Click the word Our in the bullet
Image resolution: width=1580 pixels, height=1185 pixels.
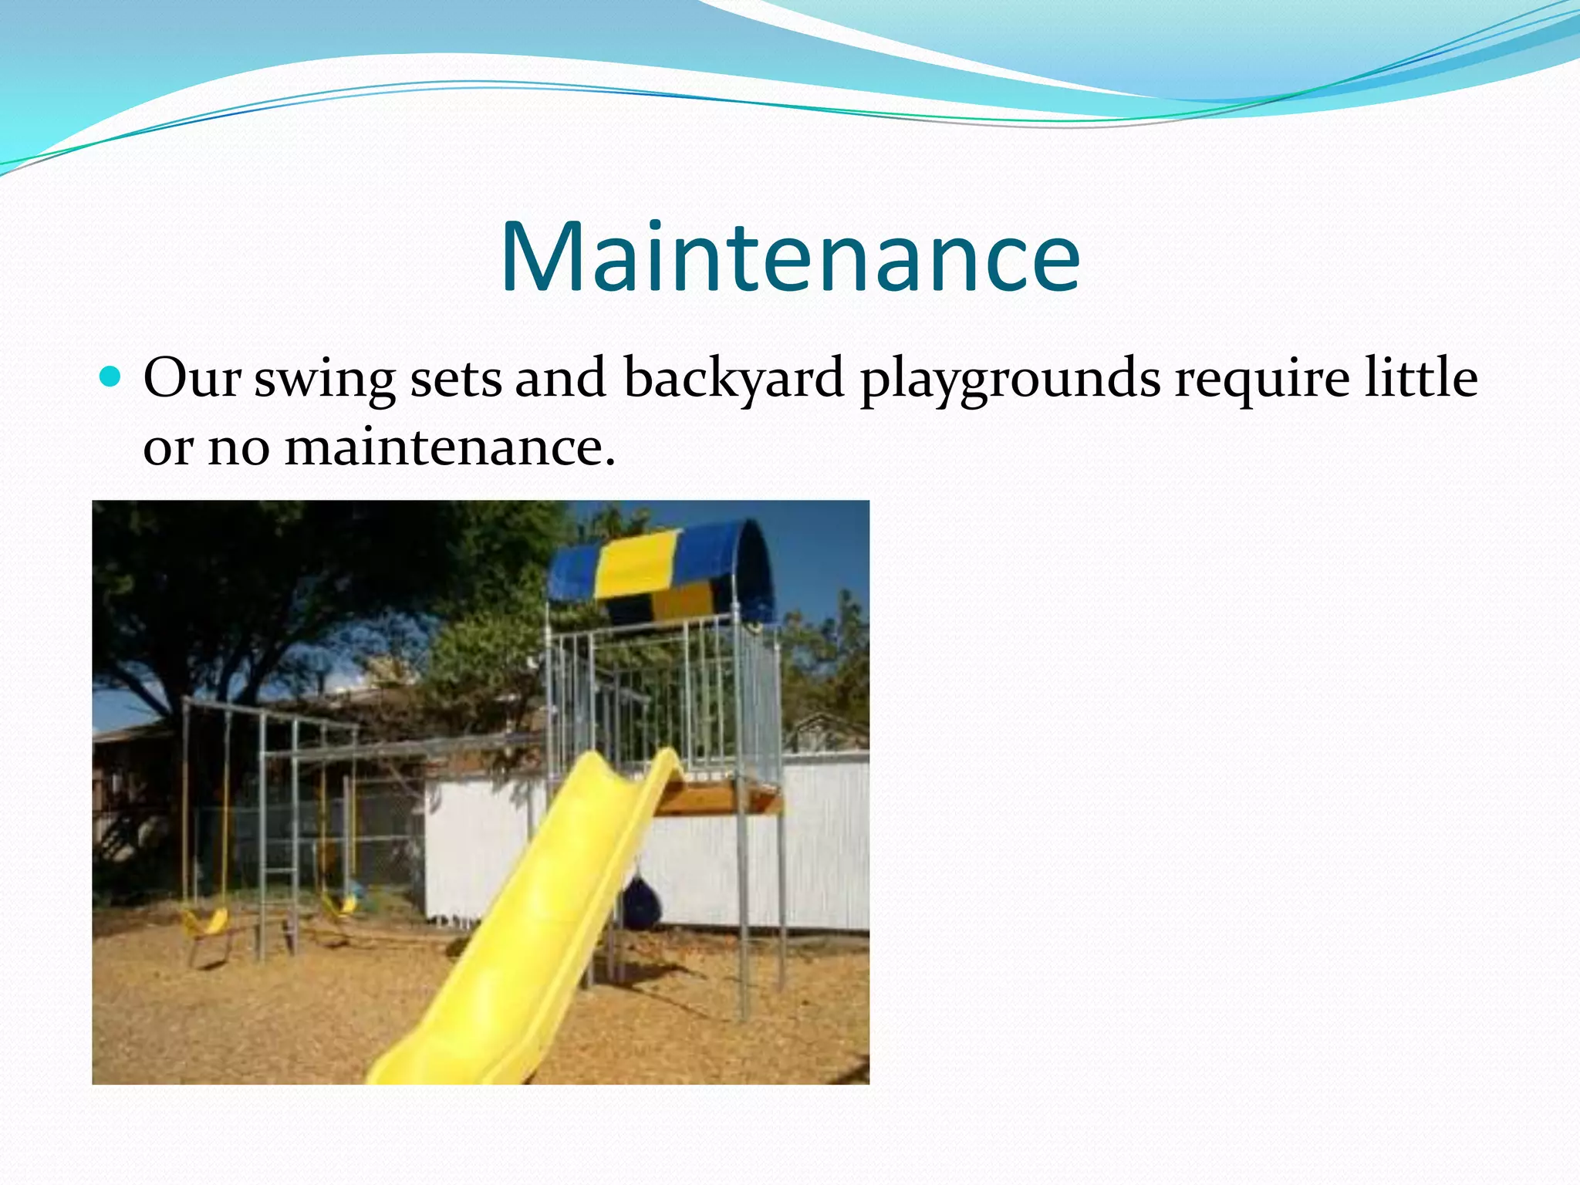tap(191, 378)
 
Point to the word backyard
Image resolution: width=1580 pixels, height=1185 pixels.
tap(734, 380)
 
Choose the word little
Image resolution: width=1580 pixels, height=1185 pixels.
tap(1420, 377)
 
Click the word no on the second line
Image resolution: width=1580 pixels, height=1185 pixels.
tap(239, 448)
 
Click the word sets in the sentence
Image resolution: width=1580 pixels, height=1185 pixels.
tap(456, 380)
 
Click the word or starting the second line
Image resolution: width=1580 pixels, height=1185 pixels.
tap(167, 448)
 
